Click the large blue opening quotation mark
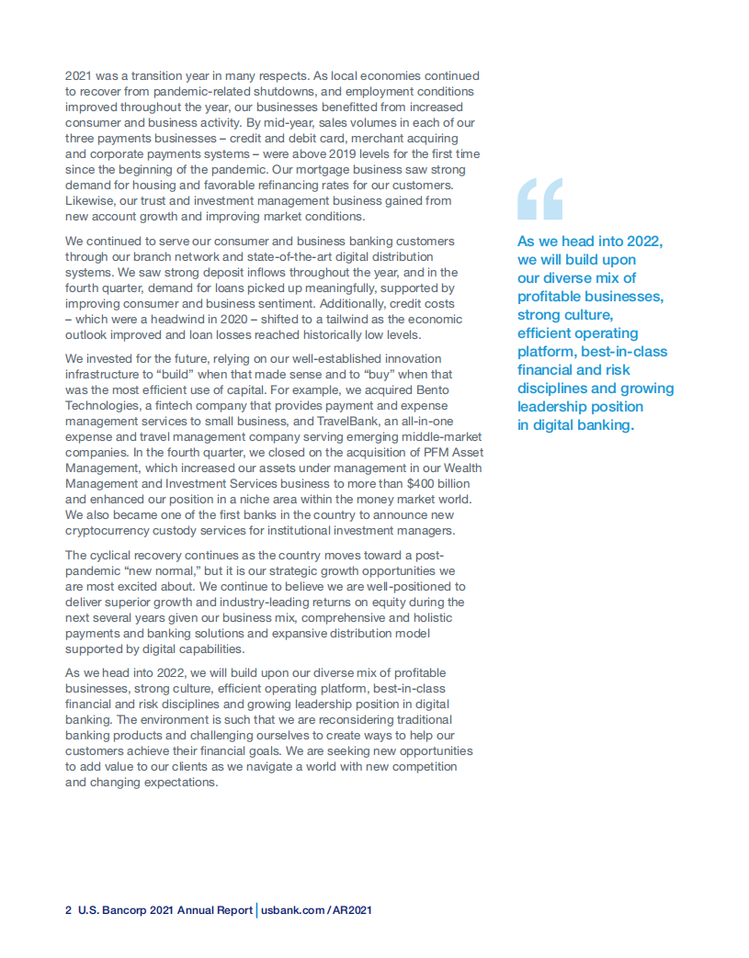tap(539, 198)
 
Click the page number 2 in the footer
tap(68, 910)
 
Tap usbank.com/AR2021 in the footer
tap(316, 910)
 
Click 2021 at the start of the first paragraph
tap(80, 75)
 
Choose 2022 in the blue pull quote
tap(644, 242)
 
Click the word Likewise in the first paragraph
tap(90, 200)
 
